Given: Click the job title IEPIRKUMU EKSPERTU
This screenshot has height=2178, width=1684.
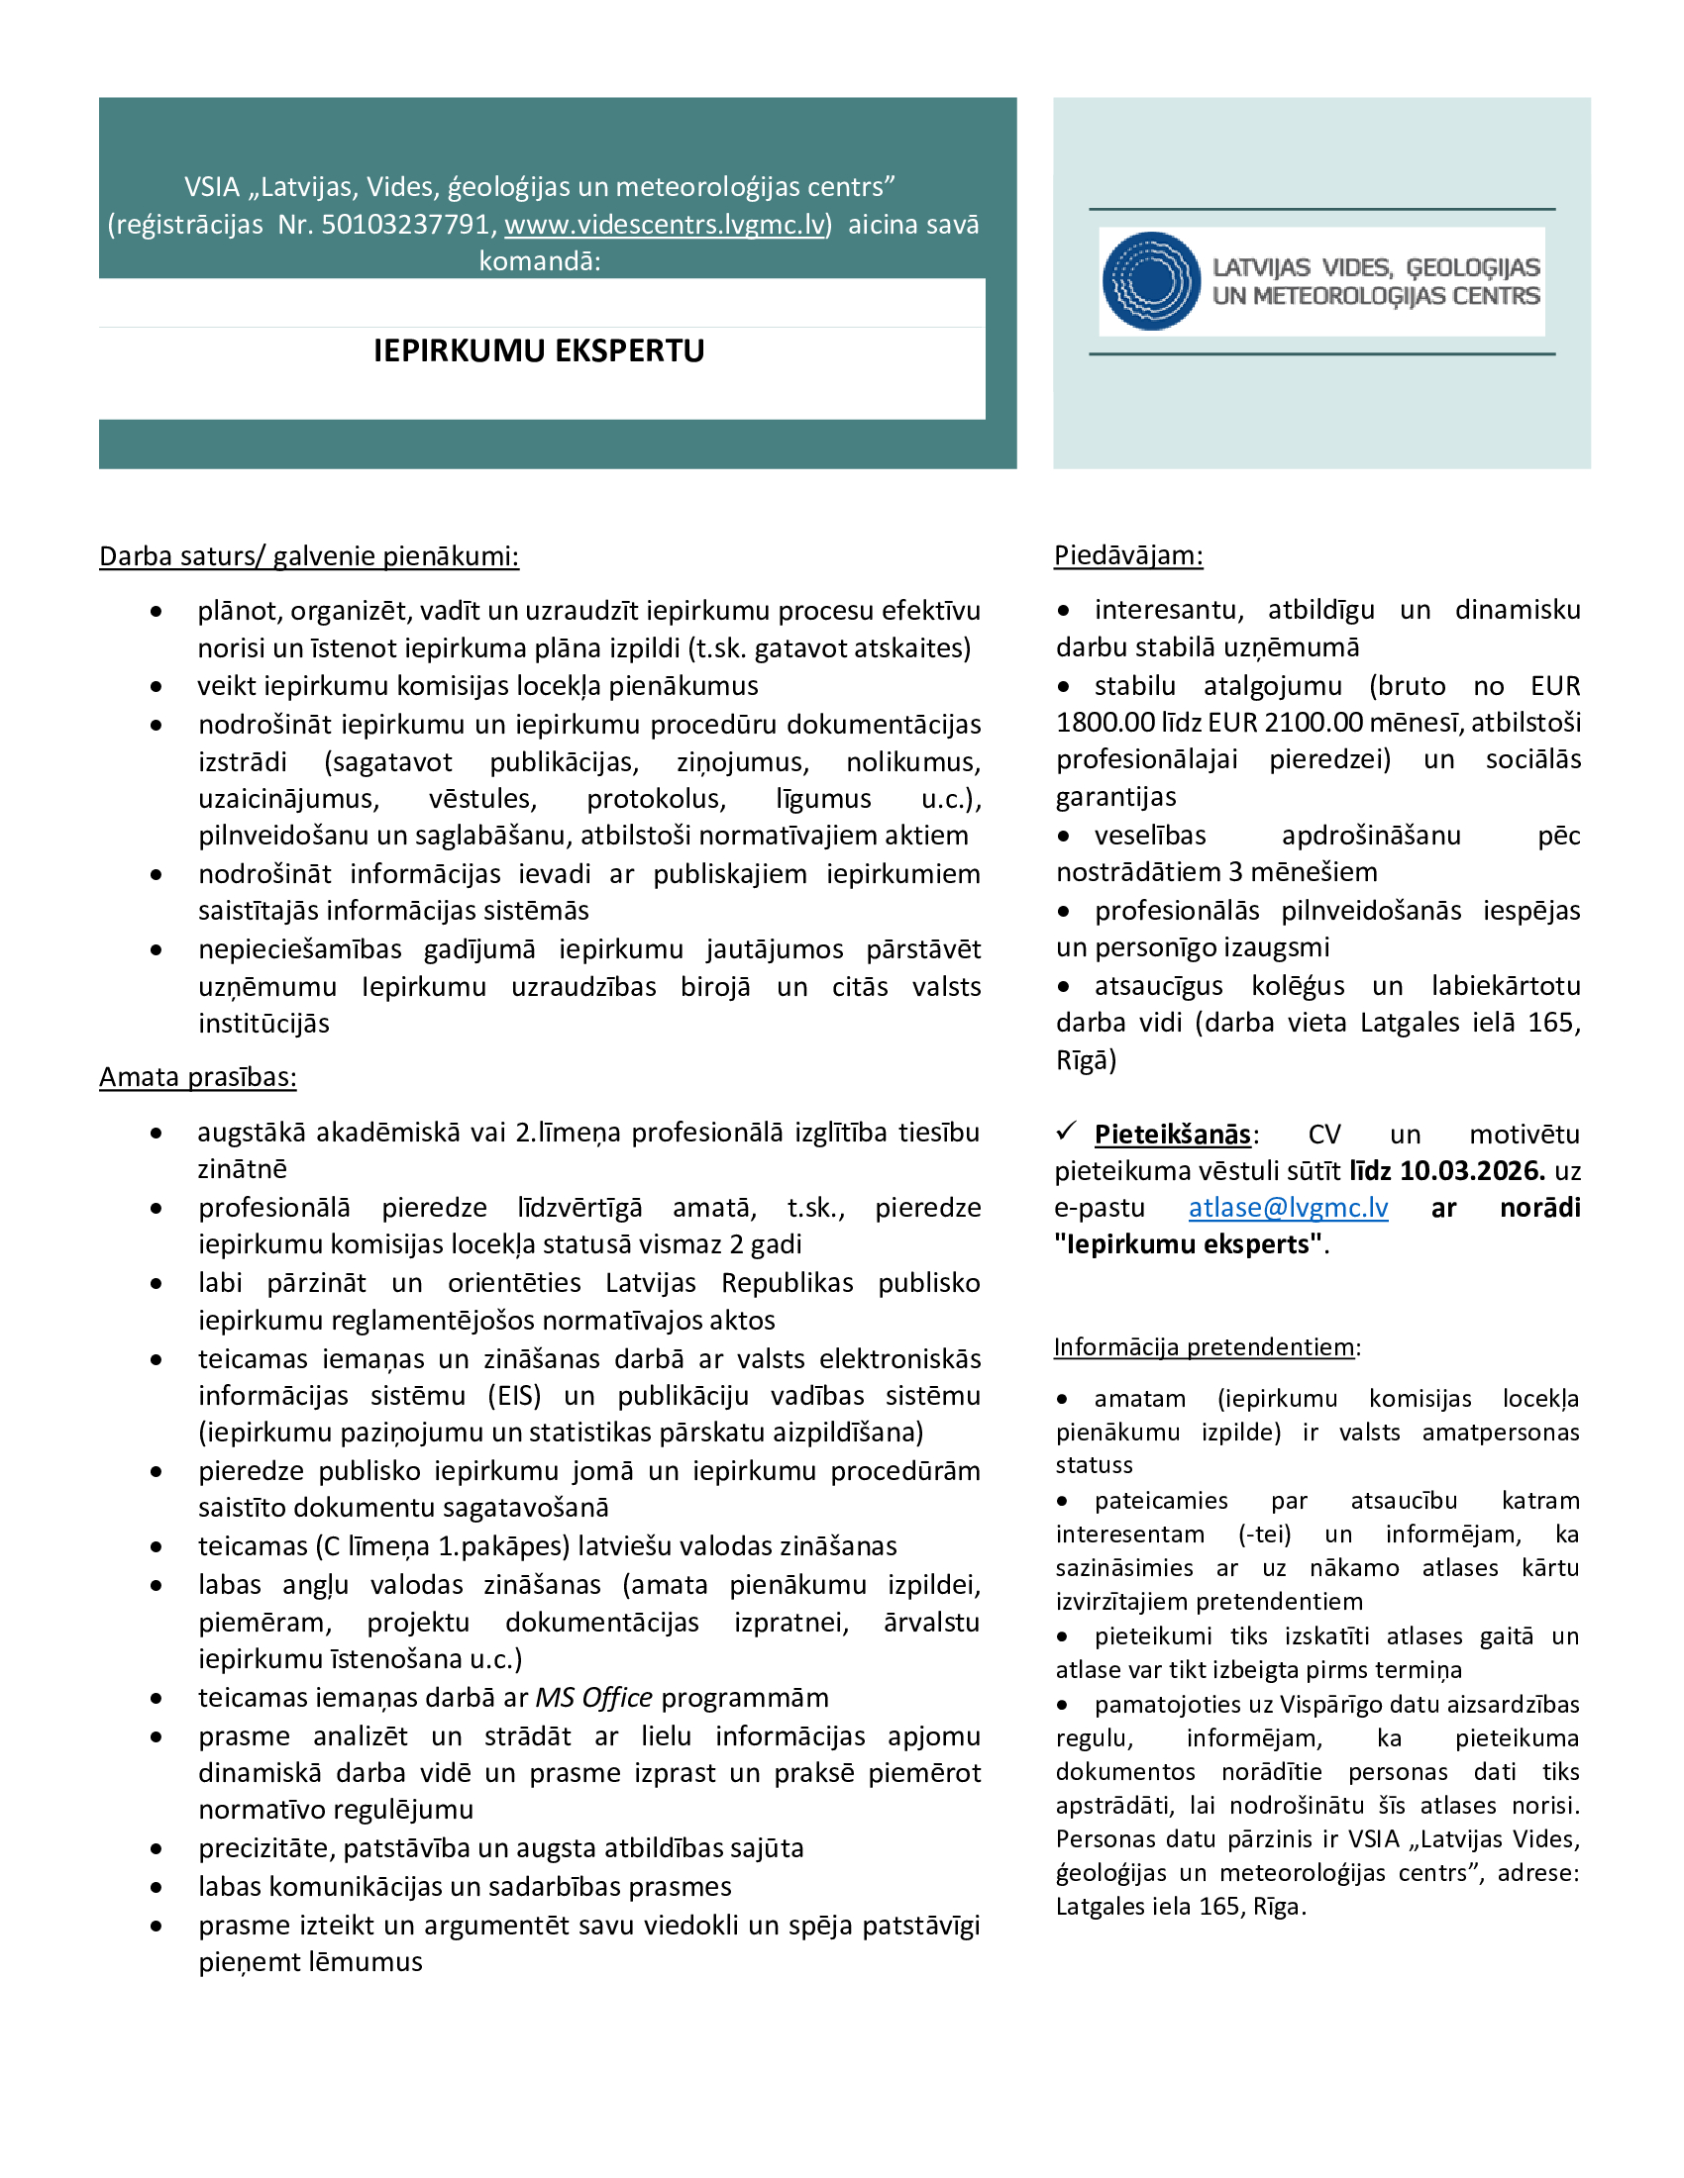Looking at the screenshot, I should click(x=539, y=351).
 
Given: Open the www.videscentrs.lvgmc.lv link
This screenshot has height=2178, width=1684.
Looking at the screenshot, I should click(x=666, y=225).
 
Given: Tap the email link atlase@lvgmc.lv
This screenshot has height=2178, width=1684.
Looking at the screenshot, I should click(x=1288, y=1208).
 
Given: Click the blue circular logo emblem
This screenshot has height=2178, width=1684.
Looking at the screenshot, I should click(x=1151, y=281).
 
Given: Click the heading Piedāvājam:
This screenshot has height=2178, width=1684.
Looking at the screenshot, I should click(x=1128, y=555).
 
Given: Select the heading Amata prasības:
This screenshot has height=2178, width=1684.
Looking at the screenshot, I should click(x=197, y=1077).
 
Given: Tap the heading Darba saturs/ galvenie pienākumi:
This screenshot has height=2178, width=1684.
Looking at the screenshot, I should click(x=309, y=555).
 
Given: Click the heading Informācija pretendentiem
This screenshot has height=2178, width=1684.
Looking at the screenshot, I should click(x=1205, y=1347).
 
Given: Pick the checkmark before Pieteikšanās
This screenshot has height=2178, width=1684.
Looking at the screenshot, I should click(x=1067, y=1131).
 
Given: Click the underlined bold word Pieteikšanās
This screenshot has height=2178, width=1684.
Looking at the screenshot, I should click(x=1172, y=1135).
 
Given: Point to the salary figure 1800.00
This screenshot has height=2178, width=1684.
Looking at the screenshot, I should click(x=1097, y=723).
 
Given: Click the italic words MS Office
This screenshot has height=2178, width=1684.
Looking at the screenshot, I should click(x=593, y=1697).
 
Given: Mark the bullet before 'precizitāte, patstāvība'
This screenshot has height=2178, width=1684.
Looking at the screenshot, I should click(x=157, y=1849).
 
